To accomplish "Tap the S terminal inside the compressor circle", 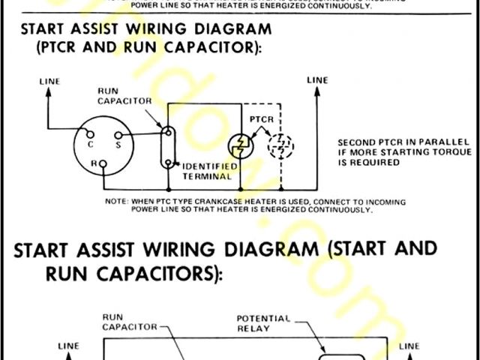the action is tap(117, 137).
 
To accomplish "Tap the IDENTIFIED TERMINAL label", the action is tap(210, 171).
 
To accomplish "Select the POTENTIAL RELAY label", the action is tap(264, 322).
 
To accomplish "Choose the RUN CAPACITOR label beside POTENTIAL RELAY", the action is tap(127, 322).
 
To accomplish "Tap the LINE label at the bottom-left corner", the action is tap(69, 346).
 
